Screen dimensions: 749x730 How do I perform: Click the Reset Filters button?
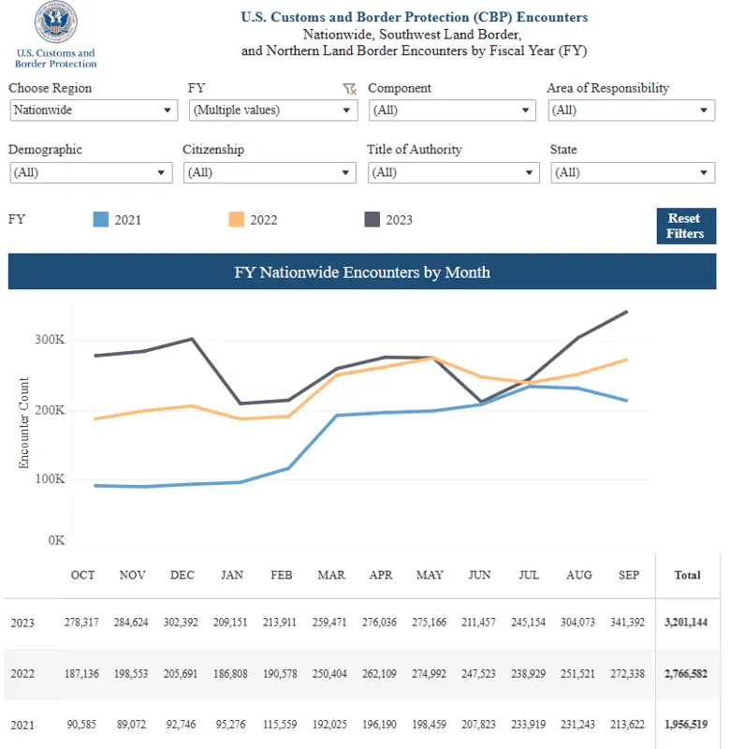click(685, 226)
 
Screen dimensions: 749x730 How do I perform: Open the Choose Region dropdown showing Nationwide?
click(93, 110)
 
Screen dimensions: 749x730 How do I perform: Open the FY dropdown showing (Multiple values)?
click(272, 110)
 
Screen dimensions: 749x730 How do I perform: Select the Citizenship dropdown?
click(270, 172)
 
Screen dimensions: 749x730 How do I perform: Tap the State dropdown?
click(633, 172)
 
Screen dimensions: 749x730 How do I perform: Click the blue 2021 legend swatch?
click(101, 220)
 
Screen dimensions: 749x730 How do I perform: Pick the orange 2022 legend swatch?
click(236, 220)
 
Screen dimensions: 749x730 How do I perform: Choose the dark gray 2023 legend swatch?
click(372, 220)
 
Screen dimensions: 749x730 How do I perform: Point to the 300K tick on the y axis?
click(50, 340)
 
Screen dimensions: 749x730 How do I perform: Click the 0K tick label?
click(55, 540)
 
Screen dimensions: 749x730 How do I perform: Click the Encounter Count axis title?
click(24, 422)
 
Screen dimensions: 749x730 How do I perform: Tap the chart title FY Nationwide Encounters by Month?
click(361, 272)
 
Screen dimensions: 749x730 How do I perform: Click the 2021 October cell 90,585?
click(82, 724)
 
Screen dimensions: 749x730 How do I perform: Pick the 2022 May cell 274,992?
click(430, 673)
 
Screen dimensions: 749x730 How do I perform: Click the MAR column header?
click(330, 574)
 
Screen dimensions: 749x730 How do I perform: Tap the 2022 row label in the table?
click(23, 673)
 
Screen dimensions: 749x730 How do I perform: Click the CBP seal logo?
click(55, 24)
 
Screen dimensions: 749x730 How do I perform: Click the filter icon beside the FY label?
click(349, 89)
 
